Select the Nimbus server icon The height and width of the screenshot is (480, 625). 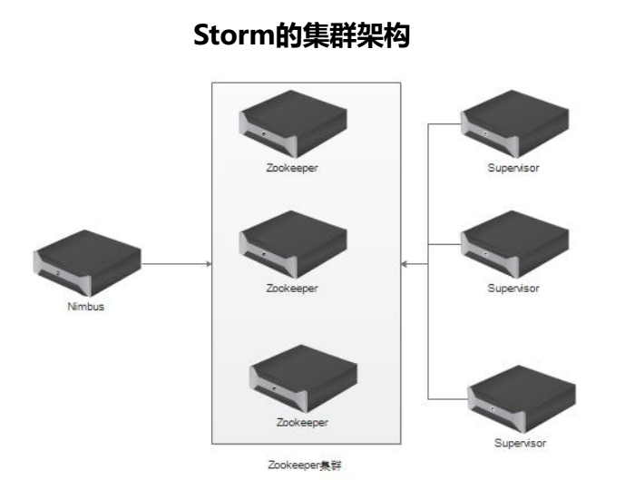tap(87, 262)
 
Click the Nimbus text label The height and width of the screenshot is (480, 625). tap(88, 307)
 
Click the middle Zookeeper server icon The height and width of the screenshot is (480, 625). tap(294, 245)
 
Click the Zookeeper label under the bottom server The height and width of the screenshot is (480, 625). tap(303, 423)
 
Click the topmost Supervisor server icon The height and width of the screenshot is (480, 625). tap(514, 127)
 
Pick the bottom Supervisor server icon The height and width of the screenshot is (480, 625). tap(520, 397)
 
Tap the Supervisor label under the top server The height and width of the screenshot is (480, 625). tap(513, 169)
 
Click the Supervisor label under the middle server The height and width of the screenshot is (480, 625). tap(513, 288)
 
